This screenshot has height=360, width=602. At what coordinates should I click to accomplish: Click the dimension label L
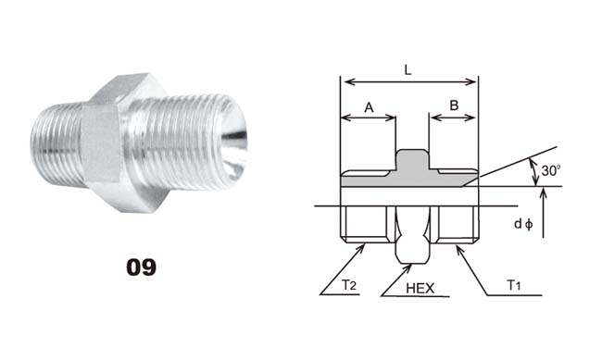pyautogui.click(x=408, y=70)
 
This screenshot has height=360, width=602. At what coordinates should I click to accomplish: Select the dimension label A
pyautogui.click(x=369, y=107)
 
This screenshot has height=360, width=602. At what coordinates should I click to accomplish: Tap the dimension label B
pyautogui.click(x=454, y=106)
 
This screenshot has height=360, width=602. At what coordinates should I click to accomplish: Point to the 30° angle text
pyautogui.click(x=551, y=170)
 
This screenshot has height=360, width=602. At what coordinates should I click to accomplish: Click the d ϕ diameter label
pyautogui.click(x=523, y=224)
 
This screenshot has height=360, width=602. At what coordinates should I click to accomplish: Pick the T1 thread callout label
pyautogui.click(x=514, y=285)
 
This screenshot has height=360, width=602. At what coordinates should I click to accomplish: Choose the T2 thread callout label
pyautogui.click(x=349, y=285)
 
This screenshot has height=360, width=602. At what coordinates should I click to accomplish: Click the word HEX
pyautogui.click(x=420, y=288)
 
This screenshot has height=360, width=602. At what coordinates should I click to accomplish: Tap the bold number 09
pyautogui.click(x=142, y=267)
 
